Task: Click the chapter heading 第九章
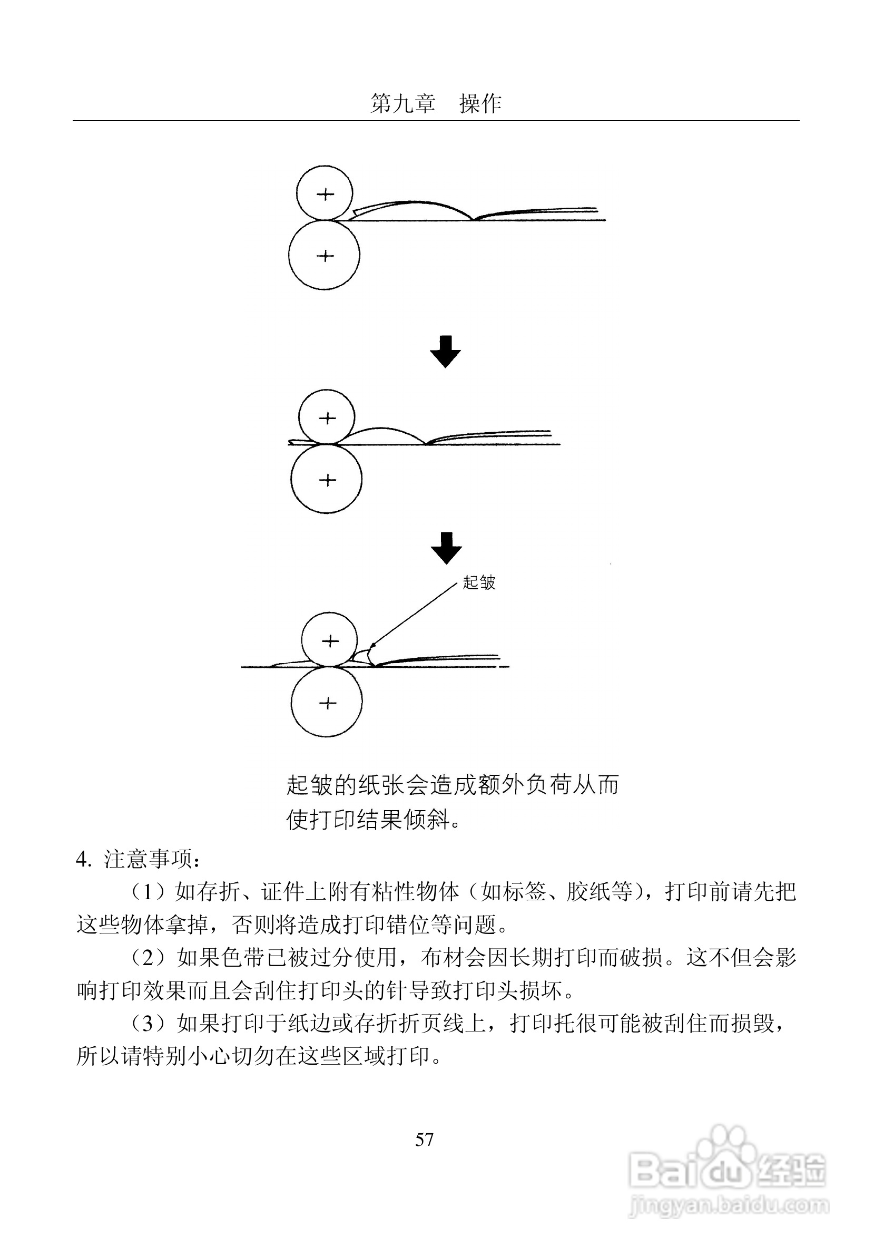tap(402, 103)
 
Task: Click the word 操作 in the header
tap(480, 103)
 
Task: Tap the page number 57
tap(425, 1139)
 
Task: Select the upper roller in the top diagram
tap(325, 193)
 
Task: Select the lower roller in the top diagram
tap(324, 255)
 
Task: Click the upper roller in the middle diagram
tap(327, 418)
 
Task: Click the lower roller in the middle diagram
tap(326, 479)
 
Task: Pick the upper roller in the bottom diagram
tap(329, 640)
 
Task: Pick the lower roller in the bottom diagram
tap(327, 703)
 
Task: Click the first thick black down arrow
tap(445, 352)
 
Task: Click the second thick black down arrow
tap(446, 548)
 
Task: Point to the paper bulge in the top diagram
tap(415, 208)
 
